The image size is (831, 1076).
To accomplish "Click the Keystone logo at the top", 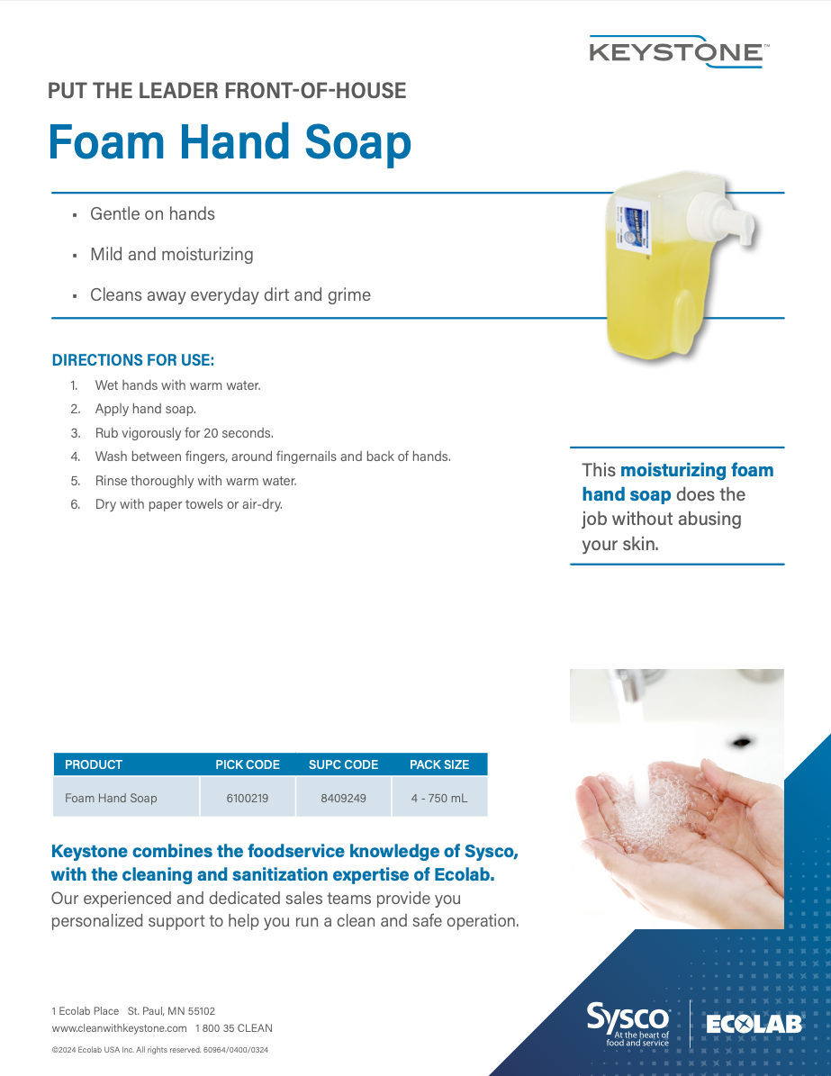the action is click(679, 52).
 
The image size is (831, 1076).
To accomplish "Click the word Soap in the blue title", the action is click(357, 142).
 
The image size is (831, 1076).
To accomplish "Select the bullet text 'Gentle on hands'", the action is click(152, 214).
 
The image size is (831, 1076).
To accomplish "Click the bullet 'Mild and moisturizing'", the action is click(172, 255).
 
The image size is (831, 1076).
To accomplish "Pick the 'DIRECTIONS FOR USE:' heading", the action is click(133, 360).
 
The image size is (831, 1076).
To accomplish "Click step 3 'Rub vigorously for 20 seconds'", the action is click(184, 433).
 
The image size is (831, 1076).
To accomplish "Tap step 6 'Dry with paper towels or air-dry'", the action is click(189, 504).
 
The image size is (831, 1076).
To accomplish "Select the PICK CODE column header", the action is click(248, 764).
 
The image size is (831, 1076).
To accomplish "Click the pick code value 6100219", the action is click(247, 798).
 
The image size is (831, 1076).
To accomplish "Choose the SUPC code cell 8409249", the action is click(343, 798).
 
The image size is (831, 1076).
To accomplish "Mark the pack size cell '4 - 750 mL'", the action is click(439, 798).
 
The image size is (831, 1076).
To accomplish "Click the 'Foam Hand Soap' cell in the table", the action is click(111, 798).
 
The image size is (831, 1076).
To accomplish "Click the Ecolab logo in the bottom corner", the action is click(754, 1025).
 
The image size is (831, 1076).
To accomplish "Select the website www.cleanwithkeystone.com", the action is click(120, 1028).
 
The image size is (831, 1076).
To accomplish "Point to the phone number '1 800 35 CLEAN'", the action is click(234, 1028).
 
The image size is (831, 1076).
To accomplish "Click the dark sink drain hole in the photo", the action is click(742, 741).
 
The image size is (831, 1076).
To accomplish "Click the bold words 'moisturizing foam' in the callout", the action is click(697, 470).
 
